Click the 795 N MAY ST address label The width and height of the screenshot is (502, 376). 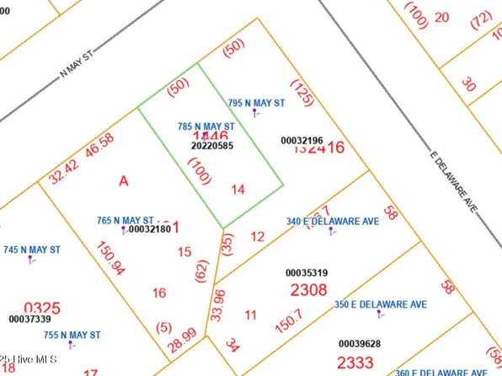[255, 103]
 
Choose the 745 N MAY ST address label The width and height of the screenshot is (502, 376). [32, 250]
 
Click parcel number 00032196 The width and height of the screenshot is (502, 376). [302, 140]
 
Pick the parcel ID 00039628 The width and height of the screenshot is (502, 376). [360, 344]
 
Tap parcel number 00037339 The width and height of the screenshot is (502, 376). [29, 319]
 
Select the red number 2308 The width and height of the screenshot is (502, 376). [307, 290]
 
